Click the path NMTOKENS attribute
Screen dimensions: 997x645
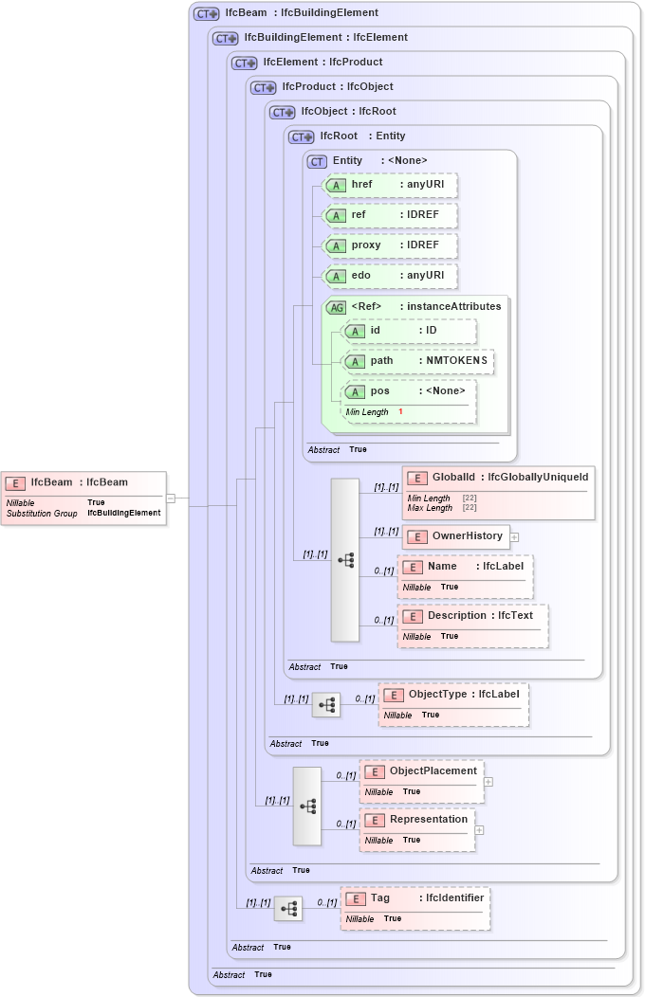418,361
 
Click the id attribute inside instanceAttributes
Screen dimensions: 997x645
409,331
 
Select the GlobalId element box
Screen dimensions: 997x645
499,492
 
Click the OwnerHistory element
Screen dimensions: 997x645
455,536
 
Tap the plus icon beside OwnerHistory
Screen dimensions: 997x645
514,536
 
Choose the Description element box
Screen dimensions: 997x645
472,625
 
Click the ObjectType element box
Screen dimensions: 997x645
453,704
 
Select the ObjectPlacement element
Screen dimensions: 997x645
421,781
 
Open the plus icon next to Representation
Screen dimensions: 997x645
479,829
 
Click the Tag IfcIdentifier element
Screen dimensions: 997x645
415,908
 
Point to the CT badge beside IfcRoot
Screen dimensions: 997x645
301,136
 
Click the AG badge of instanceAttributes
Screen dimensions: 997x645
336,307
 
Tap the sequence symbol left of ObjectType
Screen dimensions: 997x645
326,704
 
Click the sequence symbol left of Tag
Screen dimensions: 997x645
288,909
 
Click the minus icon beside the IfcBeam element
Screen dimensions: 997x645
171,498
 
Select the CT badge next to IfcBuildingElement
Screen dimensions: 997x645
225,38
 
